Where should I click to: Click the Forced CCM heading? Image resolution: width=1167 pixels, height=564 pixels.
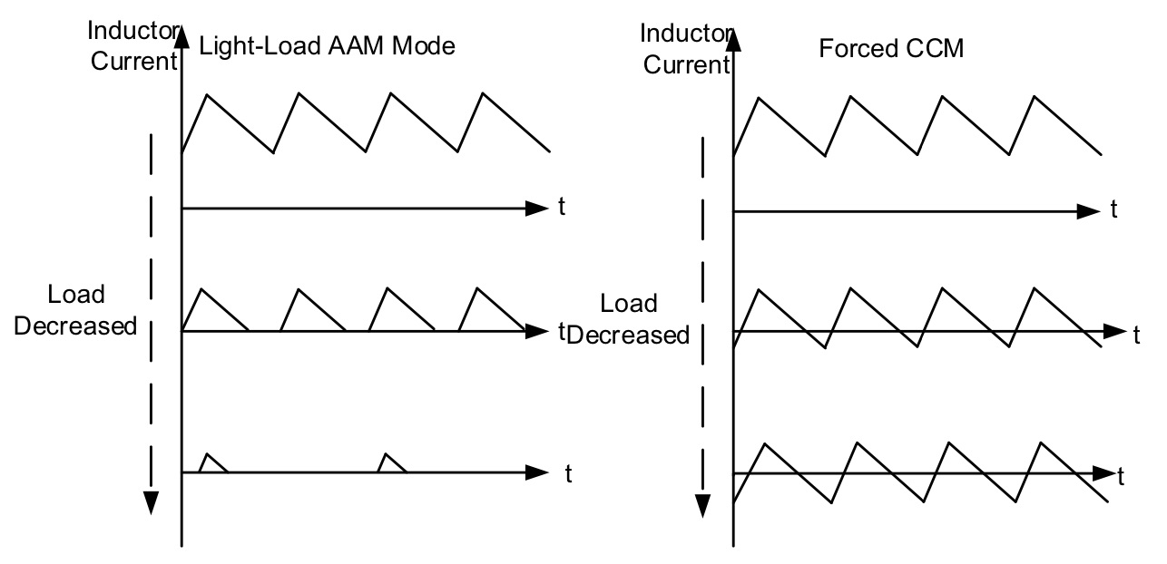coord(891,47)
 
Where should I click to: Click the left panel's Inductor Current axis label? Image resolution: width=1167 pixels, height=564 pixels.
coord(132,45)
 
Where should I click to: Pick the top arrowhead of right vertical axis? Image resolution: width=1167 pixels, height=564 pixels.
coord(734,38)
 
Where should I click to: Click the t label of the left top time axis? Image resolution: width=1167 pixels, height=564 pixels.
coord(562,208)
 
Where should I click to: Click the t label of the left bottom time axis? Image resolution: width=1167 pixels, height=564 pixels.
coord(567,472)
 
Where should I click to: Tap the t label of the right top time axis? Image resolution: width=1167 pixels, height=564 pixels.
coord(1113,210)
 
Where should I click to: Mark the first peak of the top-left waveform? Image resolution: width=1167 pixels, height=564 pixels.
coord(208,94)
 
